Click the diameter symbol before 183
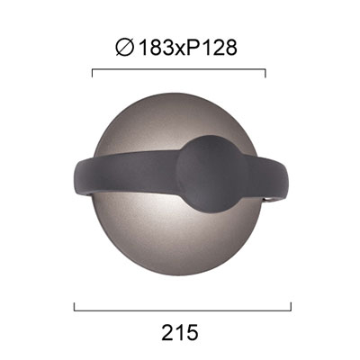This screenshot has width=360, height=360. coord(124,48)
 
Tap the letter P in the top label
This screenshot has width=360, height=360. coord(193,48)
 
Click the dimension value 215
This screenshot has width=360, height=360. coord(180,332)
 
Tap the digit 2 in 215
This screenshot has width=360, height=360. coord(168,332)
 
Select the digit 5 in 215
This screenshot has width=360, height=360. coord(192,332)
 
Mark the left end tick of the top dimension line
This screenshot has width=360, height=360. coord(93,73)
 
